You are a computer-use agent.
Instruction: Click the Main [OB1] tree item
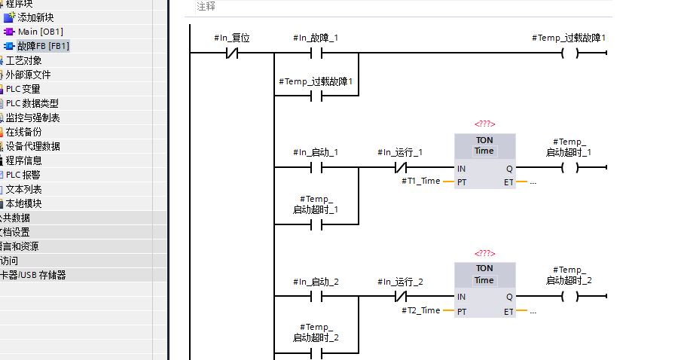(40, 32)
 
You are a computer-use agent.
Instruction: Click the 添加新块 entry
(35, 17)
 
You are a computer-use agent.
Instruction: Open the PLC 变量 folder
(23, 89)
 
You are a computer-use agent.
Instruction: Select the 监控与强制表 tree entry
(32, 117)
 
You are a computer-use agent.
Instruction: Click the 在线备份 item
(23, 132)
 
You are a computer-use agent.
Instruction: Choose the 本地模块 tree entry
(23, 203)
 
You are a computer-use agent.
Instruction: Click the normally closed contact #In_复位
(231, 53)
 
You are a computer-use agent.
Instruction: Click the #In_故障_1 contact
(316, 53)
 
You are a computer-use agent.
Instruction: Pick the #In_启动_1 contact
(316, 168)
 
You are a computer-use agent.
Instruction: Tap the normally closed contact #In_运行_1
(400, 168)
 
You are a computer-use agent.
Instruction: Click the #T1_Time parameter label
(420, 182)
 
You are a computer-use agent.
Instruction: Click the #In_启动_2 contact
(316, 297)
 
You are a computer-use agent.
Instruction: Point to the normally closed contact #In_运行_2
(400, 297)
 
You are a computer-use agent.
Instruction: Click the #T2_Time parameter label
(420, 310)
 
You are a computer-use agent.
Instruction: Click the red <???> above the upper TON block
(484, 124)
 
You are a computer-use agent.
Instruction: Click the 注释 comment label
(206, 6)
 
